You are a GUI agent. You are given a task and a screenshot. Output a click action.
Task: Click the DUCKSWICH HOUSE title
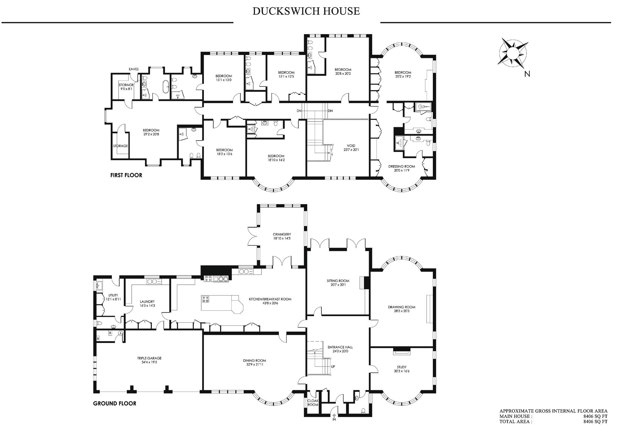[306, 11]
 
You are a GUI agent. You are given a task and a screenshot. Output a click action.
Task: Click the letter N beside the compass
[527, 74]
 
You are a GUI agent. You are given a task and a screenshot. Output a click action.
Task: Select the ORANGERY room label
[282, 234]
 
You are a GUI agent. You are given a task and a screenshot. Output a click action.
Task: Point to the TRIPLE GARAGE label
[149, 358]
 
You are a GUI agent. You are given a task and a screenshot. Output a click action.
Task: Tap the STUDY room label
[402, 367]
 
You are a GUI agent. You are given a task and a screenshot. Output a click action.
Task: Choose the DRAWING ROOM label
[402, 307]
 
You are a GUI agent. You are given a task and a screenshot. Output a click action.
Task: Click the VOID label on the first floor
[351, 146]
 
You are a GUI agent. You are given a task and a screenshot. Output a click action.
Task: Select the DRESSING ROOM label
[402, 166]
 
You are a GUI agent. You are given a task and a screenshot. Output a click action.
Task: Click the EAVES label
[134, 69]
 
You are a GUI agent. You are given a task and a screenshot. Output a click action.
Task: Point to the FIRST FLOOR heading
[126, 175]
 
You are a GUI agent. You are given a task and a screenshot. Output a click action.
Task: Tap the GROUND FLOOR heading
[115, 403]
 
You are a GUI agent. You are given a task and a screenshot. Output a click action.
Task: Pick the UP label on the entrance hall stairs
[333, 367]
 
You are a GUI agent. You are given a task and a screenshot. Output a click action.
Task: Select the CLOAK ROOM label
[313, 403]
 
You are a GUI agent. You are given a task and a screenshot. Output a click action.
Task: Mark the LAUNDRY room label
[147, 302]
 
